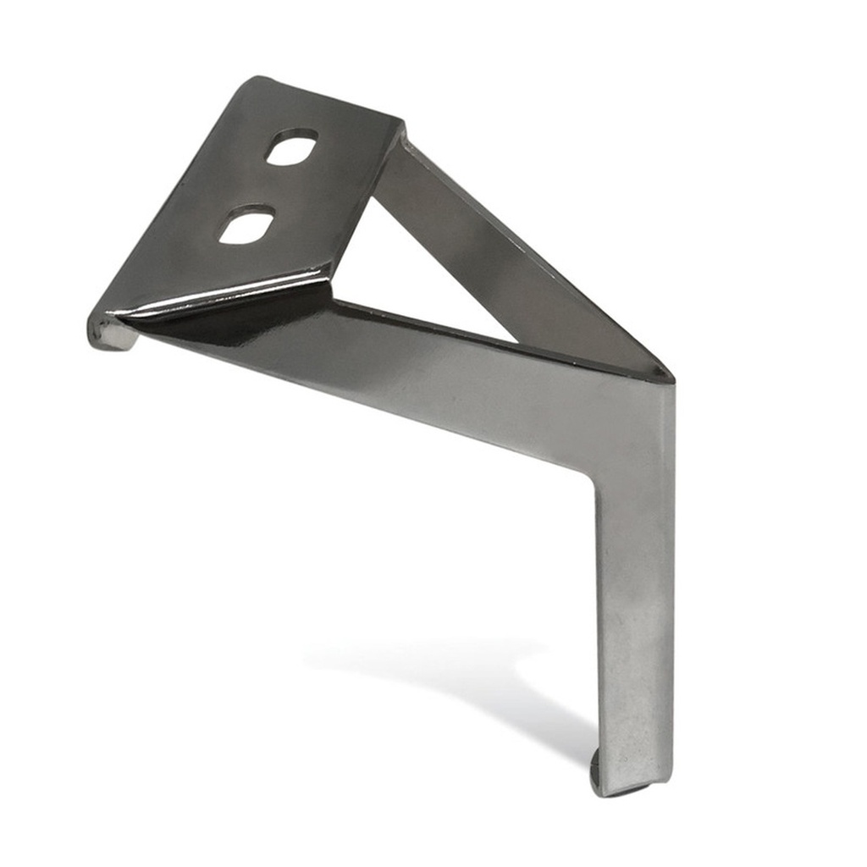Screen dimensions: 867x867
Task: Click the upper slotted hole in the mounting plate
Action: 291,147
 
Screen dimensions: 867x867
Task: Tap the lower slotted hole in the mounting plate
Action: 246,224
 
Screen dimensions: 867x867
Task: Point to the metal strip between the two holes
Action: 269,186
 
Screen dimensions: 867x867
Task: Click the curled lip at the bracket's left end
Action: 110,332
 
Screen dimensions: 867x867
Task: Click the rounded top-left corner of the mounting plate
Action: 254,82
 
